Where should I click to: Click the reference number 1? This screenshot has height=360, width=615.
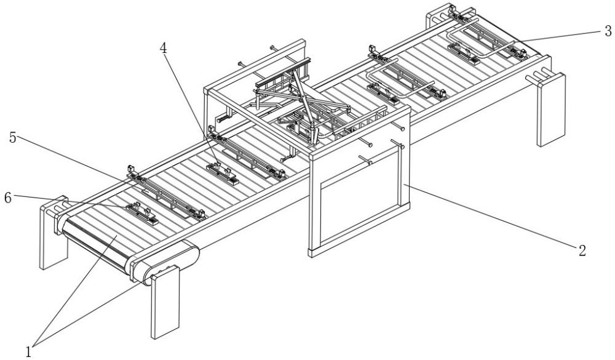click(28, 351)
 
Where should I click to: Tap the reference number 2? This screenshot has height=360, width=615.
click(582, 250)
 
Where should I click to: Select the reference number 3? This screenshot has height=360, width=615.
click(608, 31)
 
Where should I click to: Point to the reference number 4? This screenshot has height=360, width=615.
click(163, 48)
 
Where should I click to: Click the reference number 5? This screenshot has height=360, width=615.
click(13, 138)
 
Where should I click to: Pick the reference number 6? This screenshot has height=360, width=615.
click(8, 198)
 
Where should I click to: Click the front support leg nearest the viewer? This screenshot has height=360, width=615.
click(165, 302)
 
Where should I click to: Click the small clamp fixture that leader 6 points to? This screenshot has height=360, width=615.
click(141, 213)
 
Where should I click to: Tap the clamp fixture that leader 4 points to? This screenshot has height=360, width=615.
click(223, 173)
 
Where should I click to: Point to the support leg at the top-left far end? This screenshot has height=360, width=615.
click(438, 18)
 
